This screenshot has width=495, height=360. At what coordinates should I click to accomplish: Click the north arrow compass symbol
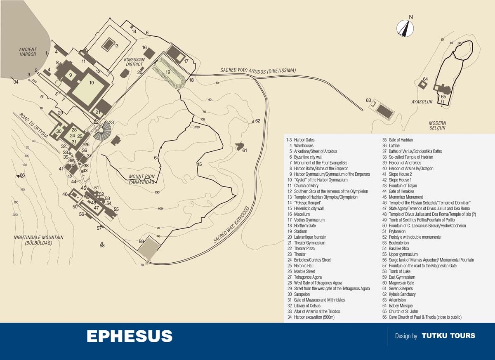pos(405,28)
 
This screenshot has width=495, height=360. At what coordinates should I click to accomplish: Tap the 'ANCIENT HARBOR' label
pos(28,52)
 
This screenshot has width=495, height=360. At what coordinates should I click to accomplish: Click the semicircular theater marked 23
pos(102,131)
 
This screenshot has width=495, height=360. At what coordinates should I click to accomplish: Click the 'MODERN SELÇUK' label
pos(437,126)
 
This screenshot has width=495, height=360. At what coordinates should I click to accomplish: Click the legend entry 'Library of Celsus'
pos(307,306)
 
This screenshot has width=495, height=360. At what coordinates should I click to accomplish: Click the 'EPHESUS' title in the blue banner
pos(130,336)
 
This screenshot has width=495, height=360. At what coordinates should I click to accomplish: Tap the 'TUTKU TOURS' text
pos(448,336)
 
